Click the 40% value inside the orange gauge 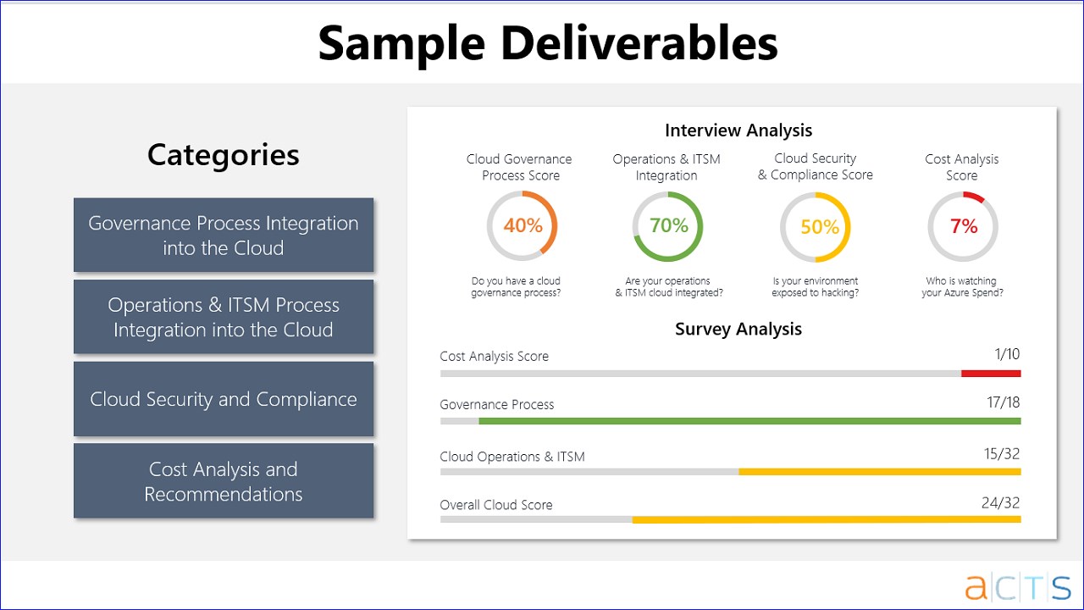(523, 225)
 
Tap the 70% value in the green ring (669, 225)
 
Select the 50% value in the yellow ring (819, 227)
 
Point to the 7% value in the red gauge (964, 226)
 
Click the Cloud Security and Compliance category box (224, 399)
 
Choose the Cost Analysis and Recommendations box (224, 480)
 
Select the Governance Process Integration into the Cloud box (224, 235)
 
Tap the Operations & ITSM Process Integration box (224, 317)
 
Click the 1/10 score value (1007, 354)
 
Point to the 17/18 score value (1004, 402)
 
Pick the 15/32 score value (1002, 453)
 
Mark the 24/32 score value (1000, 502)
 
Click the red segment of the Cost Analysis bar (991, 374)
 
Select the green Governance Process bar (749, 421)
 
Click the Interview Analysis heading (738, 130)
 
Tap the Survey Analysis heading (738, 330)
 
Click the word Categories (224, 155)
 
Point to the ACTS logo (1018, 586)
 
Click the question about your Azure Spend (962, 286)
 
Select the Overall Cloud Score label (496, 505)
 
